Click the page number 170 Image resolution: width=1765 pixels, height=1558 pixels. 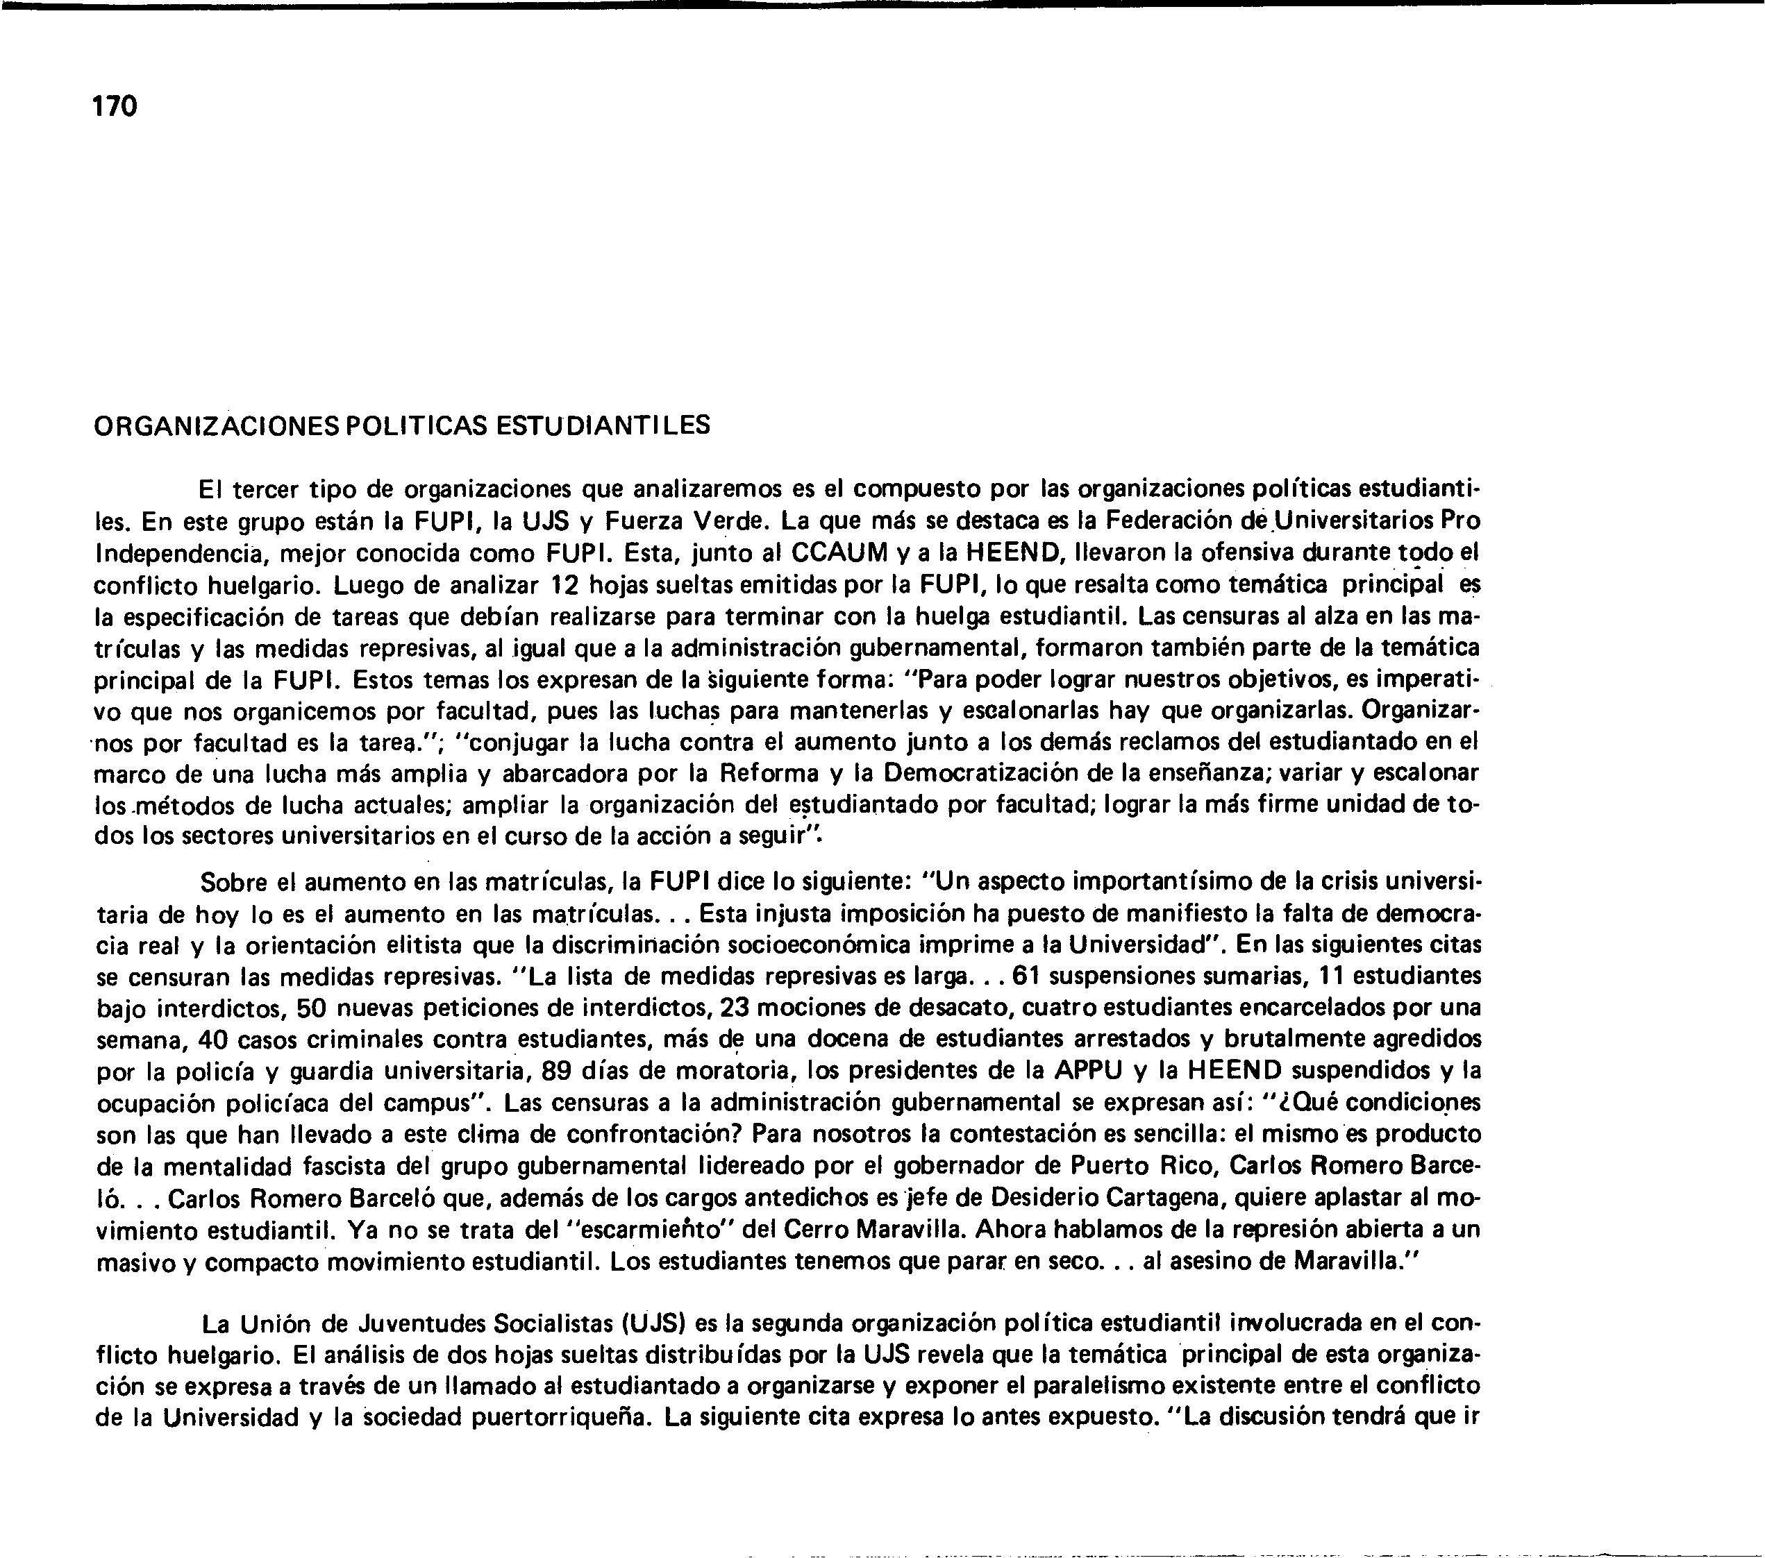[114, 107]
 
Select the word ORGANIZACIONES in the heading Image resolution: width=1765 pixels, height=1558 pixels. [215, 425]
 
